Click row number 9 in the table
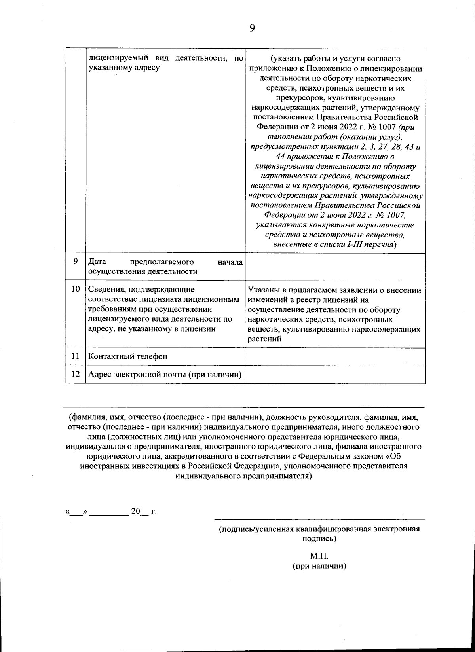(75, 262)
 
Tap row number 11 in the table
(75, 356)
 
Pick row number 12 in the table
(75, 374)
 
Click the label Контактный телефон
(128, 356)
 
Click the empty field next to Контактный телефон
(335, 356)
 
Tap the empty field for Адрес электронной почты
(335, 375)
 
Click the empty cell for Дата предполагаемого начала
(335, 267)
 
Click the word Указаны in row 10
(263, 290)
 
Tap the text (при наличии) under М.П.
(319, 566)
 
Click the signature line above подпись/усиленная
(319, 519)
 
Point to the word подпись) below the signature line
(319, 538)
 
